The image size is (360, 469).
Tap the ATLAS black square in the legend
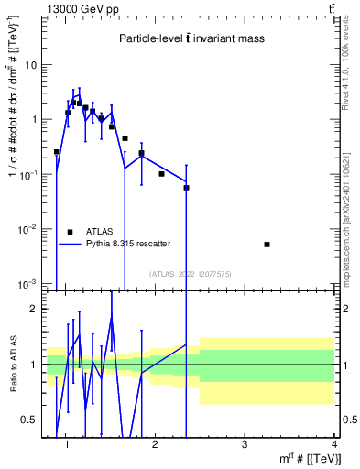tap(70, 233)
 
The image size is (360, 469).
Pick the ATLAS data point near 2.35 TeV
tap(186, 187)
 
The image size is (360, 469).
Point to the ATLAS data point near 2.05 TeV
tap(161, 174)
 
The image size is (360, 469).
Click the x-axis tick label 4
tap(333, 444)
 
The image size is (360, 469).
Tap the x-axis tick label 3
tap(245, 444)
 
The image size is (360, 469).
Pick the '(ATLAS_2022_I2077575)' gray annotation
tap(190, 273)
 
